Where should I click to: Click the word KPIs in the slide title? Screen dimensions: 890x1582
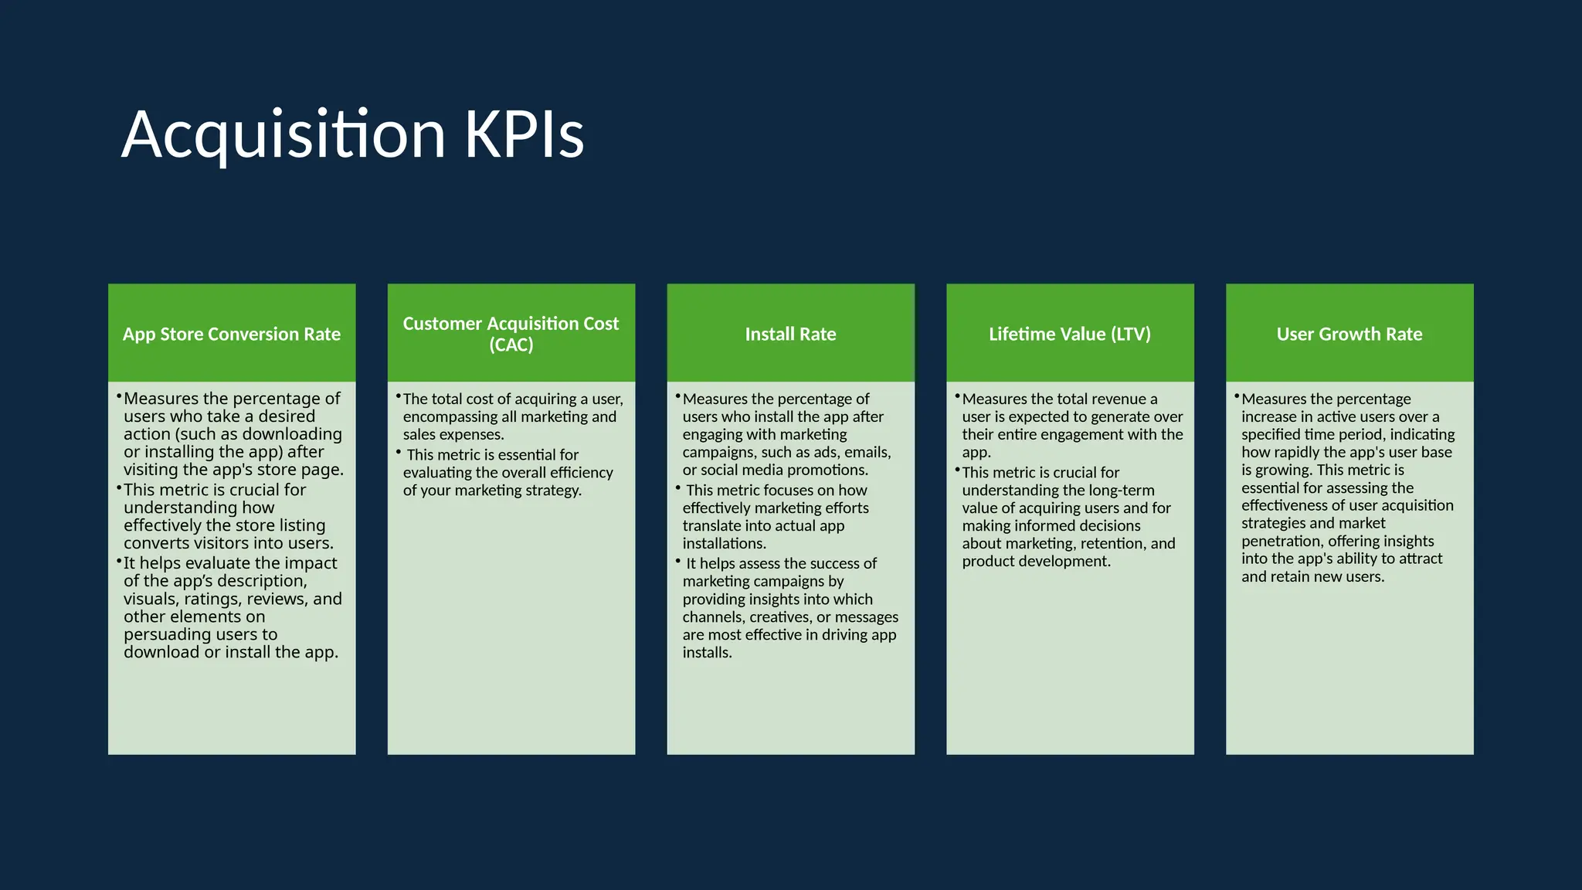(x=524, y=135)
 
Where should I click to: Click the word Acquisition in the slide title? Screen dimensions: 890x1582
(x=283, y=135)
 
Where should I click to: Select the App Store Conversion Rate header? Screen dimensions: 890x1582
(x=232, y=334)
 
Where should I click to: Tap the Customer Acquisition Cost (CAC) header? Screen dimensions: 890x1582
(x=511, y=334)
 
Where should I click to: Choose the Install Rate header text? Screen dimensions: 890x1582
(x=790, y=334)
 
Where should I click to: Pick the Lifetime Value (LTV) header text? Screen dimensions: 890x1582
(x=1070, y=334)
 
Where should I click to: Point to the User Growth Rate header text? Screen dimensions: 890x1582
(x=1349, y=334)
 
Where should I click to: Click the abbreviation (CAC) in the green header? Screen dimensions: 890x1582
(x=511, y=345)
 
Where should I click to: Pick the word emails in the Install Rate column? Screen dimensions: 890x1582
(x=868, y=452)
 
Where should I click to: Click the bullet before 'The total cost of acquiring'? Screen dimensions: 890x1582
(x=399, y=397)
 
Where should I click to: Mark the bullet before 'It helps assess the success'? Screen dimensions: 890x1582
(x=678, y=562)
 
